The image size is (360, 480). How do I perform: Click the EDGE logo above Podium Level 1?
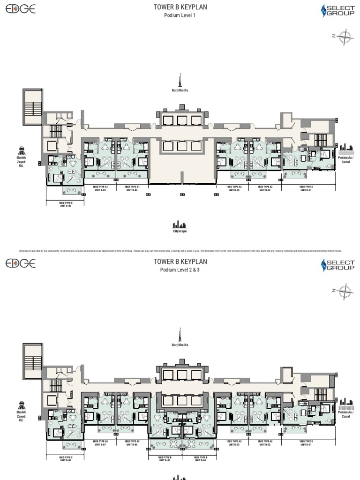[x=20, y=9]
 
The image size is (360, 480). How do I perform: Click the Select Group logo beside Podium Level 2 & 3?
[x=338, y=265]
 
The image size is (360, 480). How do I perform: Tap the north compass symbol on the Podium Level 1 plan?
[x=344, y=37]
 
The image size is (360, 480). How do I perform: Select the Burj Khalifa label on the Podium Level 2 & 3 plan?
[x=180, y=345]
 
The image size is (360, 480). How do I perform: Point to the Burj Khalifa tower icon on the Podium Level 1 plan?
[x=180, y=80]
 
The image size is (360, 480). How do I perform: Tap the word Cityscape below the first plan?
[x=180, y=231]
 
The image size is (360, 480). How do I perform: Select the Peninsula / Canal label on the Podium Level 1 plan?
[x=345, y=160]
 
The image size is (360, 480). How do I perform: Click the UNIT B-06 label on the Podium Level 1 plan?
[x=66, y=205]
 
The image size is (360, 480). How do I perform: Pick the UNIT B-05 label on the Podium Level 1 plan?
[x=100, y=190]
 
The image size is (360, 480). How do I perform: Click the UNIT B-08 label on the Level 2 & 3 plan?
[x=66, y=460]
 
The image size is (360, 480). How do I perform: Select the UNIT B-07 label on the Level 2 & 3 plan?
[x=100, y=444]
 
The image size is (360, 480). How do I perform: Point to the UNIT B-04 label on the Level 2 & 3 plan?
[x=200, y=460]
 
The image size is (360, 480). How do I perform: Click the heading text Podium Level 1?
[x=180, y=15]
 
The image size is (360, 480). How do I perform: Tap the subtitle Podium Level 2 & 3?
[x=180, y=270]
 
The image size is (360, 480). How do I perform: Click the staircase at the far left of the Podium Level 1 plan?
[x=32, y=107]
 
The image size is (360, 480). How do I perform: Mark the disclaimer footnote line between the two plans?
[x=180, y=251]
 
